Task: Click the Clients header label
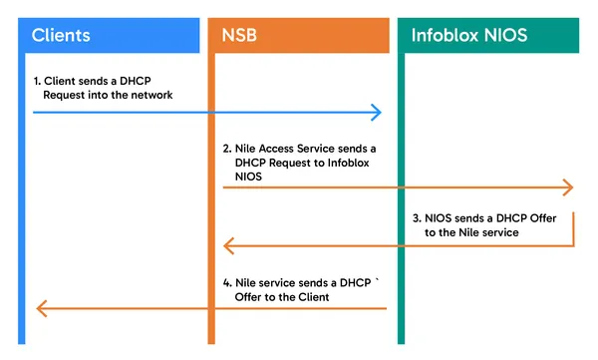point(61,36)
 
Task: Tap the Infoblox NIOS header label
point(468,36)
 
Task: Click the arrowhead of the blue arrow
point(377,113)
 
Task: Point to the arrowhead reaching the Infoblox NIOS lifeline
point(568,187)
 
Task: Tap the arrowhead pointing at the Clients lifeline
point(41,308)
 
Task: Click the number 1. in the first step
point(37,79)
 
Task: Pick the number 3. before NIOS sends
point(417,216)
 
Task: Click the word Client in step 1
point(63,79)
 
